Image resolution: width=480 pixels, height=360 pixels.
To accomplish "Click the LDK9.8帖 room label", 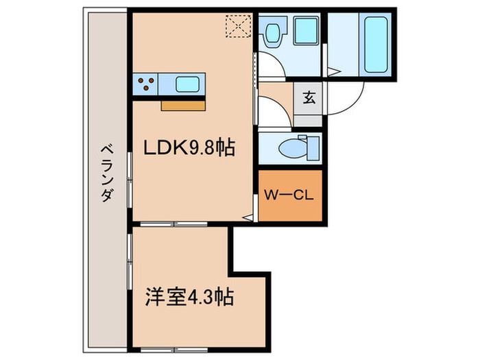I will [189, 147].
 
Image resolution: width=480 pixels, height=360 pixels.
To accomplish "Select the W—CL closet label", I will [289, 195].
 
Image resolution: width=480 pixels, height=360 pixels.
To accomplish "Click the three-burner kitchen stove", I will [145, 85].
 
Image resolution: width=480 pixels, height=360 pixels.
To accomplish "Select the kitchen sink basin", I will [187, 85].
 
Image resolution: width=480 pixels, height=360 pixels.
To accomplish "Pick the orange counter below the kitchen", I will [184, 105].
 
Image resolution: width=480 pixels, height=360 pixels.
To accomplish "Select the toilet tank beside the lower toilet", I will [313, 146].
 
